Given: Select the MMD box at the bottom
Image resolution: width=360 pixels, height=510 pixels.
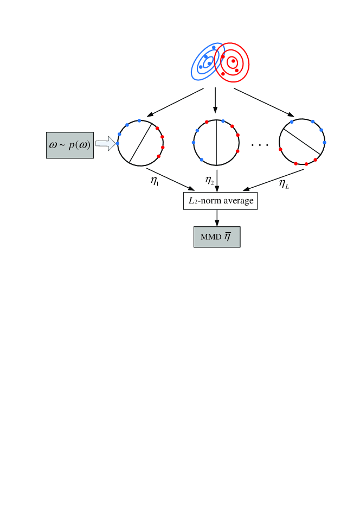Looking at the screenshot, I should pyautogui.click(x=217, y=237).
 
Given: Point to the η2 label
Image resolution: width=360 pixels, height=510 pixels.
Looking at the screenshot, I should pyautogui.click(x=210, y=179).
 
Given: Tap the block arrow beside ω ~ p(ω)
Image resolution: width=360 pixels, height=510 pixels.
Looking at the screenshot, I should pyautogui.click(x=106, y=144).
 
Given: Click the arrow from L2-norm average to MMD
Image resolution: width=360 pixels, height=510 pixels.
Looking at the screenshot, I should pyautogui.click(x=217, y=217).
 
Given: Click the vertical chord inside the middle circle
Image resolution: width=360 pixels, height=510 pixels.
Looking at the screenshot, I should pyautogui.click(x=216, y=143).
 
